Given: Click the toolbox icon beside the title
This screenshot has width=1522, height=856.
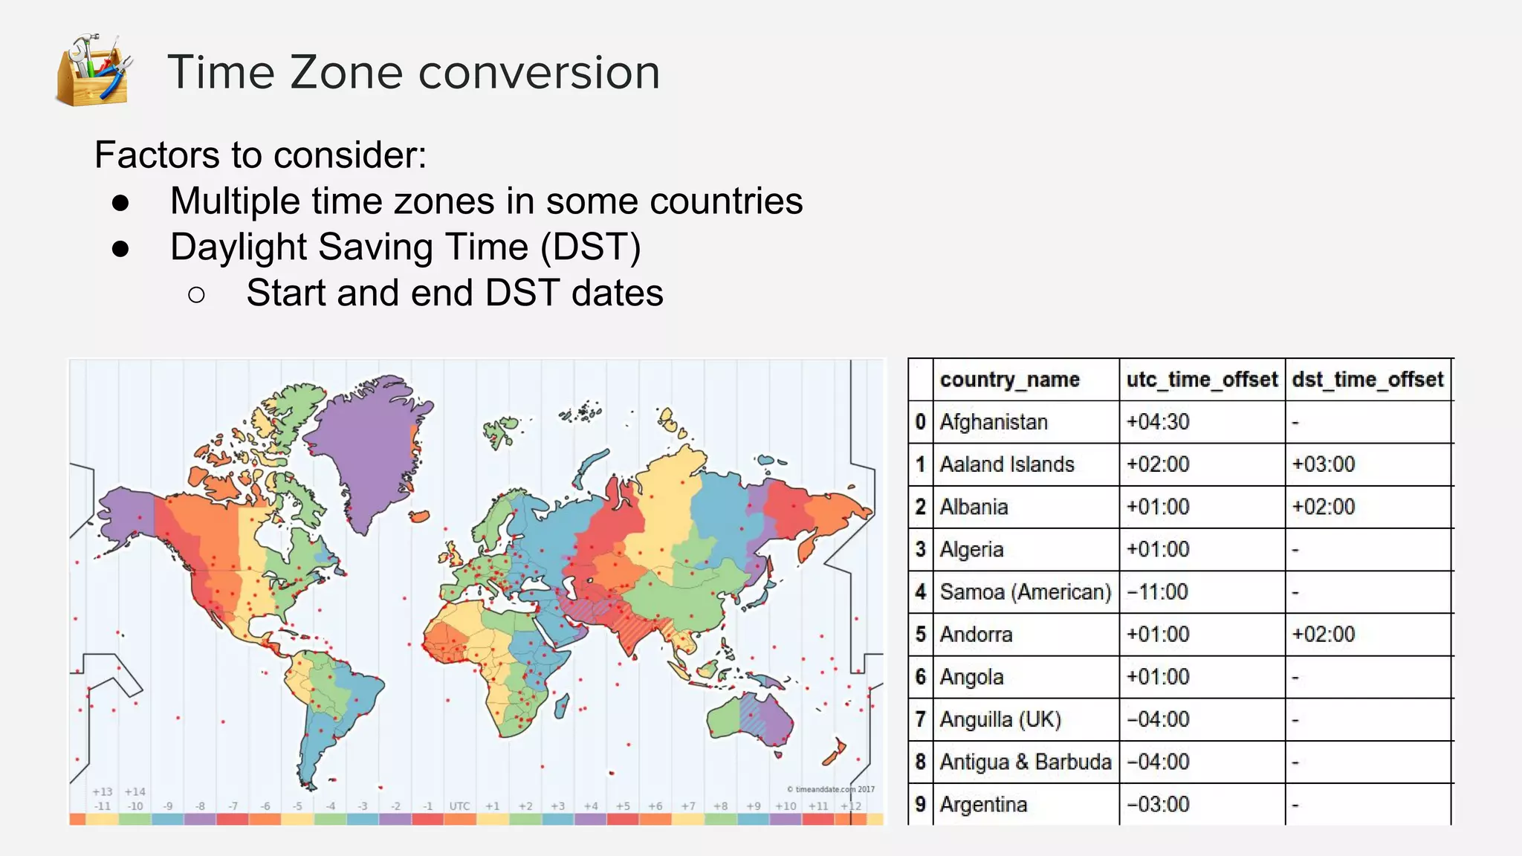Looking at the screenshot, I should [94, 71].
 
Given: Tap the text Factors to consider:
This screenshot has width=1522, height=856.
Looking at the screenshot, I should [260, 155].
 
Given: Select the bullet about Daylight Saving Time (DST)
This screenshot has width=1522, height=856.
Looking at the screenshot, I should [405, 247].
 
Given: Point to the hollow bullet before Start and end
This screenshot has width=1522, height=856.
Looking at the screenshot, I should [196, 295].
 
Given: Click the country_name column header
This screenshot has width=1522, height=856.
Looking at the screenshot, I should [1009, 380].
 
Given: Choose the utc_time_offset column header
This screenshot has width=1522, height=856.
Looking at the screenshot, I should [1201, 380].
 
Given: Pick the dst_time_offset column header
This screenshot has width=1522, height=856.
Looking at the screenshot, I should [1367, 380].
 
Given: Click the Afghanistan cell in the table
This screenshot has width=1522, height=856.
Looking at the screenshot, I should [994, 422].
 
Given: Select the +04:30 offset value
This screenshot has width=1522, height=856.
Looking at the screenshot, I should [1157, 422].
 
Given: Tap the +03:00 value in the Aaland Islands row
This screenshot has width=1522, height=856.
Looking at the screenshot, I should [1323, 464].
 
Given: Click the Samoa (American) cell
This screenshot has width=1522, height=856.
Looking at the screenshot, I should [1025, 592].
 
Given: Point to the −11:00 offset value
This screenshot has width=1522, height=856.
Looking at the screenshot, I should [1157, 592].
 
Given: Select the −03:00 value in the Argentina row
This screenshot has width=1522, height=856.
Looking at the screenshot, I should [1157, 805].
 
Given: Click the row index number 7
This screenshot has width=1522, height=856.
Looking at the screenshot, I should [921, 719].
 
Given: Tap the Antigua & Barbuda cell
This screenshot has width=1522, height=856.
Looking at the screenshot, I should [1025, 762].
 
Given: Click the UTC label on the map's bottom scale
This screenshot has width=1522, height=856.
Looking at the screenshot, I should [459, 806].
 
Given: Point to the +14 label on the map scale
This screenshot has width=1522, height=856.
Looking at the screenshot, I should [135, 792].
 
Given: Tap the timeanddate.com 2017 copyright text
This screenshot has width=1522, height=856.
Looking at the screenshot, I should [831, 789].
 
